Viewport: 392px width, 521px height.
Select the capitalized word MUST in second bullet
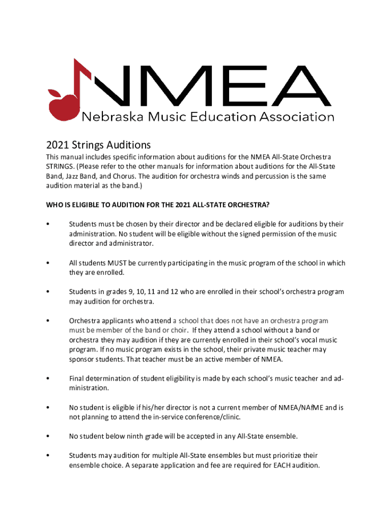tap(116, 263)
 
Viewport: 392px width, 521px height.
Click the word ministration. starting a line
tap(89, 388)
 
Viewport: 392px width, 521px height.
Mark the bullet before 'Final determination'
tap(47, 379)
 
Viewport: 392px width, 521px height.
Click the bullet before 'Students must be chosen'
tap(47, 224)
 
